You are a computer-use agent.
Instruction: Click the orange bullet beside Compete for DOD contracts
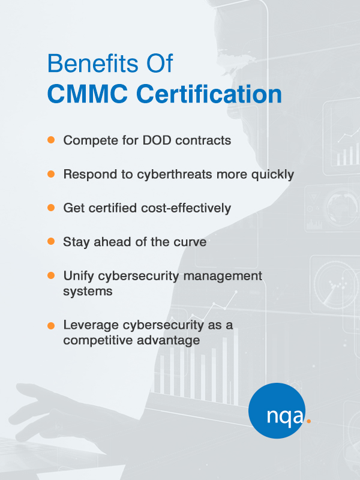[x=51, y=140]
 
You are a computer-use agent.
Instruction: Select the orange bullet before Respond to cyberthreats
[x=51, y=174]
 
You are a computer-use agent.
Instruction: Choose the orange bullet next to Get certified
[x=51, y=208]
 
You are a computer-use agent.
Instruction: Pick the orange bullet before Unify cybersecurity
[x=51, y=275]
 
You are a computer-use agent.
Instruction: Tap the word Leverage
[x=88, y=325]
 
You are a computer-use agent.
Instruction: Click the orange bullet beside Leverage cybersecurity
[x=51, y=325]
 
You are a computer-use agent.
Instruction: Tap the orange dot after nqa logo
[x=308, y=421]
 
